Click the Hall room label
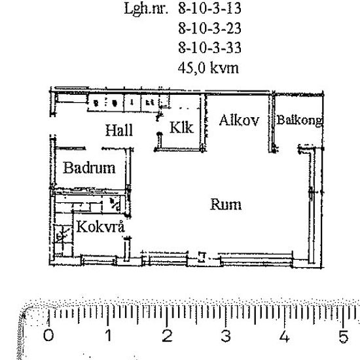tap(119, 130)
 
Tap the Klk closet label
tap(181, 128)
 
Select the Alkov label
tap(239, 120)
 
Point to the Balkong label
tap(299, 120)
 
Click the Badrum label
tap(89, 168)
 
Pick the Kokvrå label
tap(101, 226)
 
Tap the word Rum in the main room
tap(226, 204)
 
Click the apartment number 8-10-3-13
tap(209, 9)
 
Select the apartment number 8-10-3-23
tap(209, 28)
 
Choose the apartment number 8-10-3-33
tap(209, 48)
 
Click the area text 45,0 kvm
tap(208, 68)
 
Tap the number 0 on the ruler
tap(48, 335)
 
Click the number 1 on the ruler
tap(109, 335)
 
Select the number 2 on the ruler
tap(167, 335)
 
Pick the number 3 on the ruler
tap(226, 336)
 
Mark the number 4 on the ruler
tap(285, 336)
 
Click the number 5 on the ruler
tap(344, 336)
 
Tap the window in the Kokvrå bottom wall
tap(99, 261)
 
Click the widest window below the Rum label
tap(256, 260)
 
